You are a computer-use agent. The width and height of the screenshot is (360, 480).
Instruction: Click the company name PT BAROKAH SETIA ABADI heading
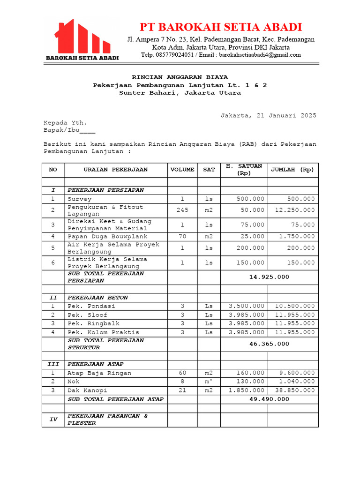click(221, 27)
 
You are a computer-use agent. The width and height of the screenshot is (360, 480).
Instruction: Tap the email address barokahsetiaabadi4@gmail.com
click(260, 55)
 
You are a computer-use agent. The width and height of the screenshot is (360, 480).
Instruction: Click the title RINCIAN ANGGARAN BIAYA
click(180, 77)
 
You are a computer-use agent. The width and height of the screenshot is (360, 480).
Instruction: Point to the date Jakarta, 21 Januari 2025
click(268, 115)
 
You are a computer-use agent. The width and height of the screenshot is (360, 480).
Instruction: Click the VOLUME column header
click(182, 170)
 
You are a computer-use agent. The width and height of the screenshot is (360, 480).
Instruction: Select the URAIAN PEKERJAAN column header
click(115, 170)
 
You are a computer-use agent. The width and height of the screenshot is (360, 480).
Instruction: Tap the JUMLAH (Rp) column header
click(292, 170)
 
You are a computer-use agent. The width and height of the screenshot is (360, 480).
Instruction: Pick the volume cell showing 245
click(182, 210)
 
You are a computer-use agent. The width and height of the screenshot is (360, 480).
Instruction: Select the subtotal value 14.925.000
click(269, 277)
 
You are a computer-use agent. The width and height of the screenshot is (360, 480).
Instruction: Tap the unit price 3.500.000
click(246, 306)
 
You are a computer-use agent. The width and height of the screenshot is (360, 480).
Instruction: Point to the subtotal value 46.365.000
click(269, 344)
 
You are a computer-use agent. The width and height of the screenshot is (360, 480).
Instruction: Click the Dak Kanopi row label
click(87, 390)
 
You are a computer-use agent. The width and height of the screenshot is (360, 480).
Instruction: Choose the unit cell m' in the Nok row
click(209, 382)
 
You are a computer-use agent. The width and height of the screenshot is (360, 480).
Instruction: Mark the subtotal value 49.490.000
click(269, 399)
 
